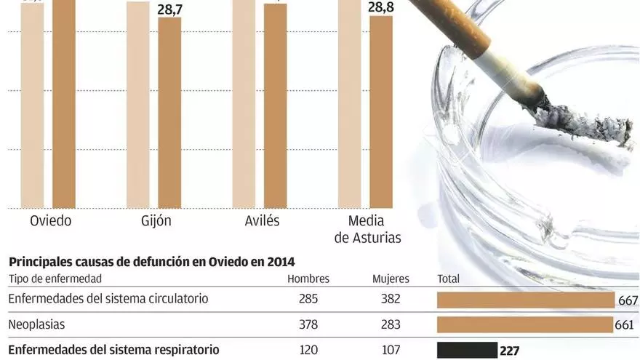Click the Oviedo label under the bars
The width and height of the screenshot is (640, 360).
tap(50, 220)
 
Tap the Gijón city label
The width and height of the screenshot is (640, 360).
tap(155, 220)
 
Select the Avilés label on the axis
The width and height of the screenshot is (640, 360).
tap(260, 220)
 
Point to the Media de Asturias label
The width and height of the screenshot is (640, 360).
tap(367, 228)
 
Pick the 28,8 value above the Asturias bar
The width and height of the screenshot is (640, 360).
tap(381, 7)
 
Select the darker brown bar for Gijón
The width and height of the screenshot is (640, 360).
tap(169, 113)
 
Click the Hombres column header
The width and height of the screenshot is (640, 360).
tap(308, 279)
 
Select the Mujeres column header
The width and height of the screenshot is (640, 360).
tap(391, 279)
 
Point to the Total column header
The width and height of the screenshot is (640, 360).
tap(448, 279)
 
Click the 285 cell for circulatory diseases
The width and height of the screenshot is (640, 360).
tap(308, 299)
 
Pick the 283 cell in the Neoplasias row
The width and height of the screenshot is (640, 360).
tap(391, 324)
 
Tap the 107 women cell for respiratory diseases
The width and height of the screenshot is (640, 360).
tap(391, 350)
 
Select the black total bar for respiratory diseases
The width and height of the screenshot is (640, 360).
tap(467, 351)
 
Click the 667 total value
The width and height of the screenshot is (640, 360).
tap(628, 300)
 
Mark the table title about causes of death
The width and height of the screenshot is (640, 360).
tap(151, 262)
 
